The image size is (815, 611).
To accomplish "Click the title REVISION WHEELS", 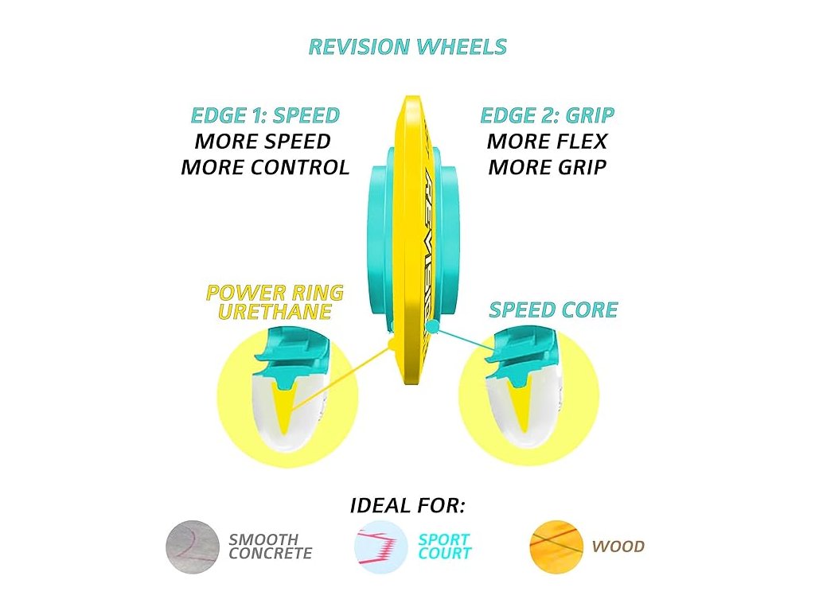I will click(407, 47).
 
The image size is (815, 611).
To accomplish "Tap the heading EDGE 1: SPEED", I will click(265, 115).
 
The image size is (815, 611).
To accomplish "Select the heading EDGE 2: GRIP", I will click(547, 115).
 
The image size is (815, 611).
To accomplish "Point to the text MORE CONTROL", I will click(265, 168).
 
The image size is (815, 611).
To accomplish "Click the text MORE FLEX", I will click(547, 142).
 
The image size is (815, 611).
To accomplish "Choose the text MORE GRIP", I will click(547, 168).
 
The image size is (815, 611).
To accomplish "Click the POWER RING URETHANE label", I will click(275, 302).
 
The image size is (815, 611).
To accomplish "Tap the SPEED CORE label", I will click(553, 309).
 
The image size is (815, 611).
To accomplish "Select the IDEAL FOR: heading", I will click(407, 505).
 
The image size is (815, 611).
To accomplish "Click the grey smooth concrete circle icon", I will click(192, 547).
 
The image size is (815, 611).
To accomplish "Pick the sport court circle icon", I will click(380, 547).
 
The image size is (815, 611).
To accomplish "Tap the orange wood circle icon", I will click(556, 547).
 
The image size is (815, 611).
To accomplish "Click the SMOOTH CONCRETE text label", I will click(270, 547).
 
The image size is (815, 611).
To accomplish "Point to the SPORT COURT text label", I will click(444, 547).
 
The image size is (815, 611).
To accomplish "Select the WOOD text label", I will click(618, 547).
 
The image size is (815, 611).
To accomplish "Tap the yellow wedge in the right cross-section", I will click(521, 402).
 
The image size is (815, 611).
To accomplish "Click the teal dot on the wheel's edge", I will click(432, 326).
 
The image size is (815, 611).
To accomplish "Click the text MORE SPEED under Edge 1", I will click(263, 142).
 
